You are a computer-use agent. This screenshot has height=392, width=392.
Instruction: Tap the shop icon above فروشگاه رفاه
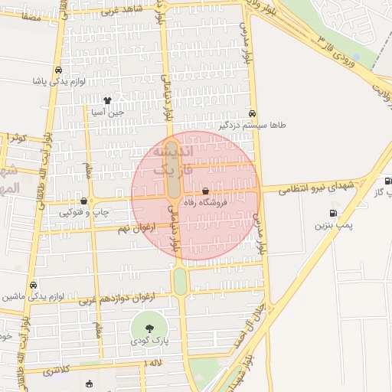click(x=205, y=191)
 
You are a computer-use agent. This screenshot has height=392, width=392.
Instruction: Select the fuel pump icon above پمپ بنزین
click(x=332, y=214)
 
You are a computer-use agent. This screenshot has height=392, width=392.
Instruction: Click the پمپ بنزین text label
click(x=332, y=227)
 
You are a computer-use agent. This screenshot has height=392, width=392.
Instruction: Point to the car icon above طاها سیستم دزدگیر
click(x=253, y=113)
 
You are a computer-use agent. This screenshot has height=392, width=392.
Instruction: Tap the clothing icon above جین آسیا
click(x=107, y=100)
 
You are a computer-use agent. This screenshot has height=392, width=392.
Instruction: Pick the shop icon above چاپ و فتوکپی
click(x=83, y=201)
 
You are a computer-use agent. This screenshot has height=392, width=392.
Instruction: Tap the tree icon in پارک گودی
click(x=149, y=328)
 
